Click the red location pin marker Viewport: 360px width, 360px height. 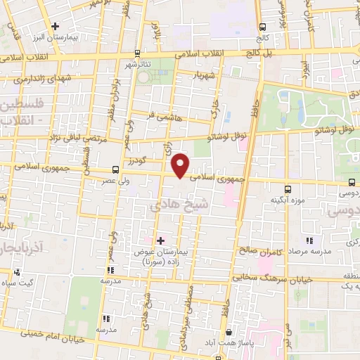pos(181,166)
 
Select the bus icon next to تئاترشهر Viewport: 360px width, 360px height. pos(136,53)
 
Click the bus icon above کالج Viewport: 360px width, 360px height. pos(262,26)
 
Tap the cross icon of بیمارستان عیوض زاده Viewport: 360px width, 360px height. pos(161,240)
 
